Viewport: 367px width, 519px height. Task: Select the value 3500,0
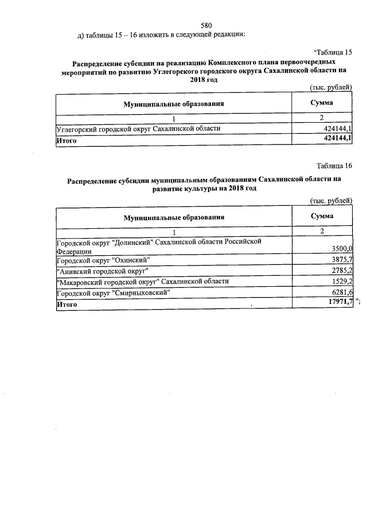pyautogui.click(x=342, y=248)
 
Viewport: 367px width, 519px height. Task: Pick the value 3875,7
pyautogui.click(x=342, y=260)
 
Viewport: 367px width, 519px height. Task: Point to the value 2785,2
pyautogui.click(x=342, y=270)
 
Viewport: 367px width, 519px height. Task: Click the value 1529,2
pyautogui.click(x=342, y=281)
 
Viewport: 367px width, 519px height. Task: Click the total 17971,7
pyautogui.click(x=340, y=303)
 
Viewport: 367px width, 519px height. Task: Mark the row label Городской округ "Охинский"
pyautogui.click(x=103, y=260)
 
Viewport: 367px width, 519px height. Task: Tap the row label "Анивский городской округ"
pyautogui.click(x=102, y=270)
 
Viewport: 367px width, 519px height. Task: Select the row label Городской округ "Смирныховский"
pyautogui.click(x=113, y=292)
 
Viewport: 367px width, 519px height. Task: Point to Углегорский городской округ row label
pyautogui.click(x=138, y=128)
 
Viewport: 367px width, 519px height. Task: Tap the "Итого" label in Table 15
pyautogui.click(x=66, y=139)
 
